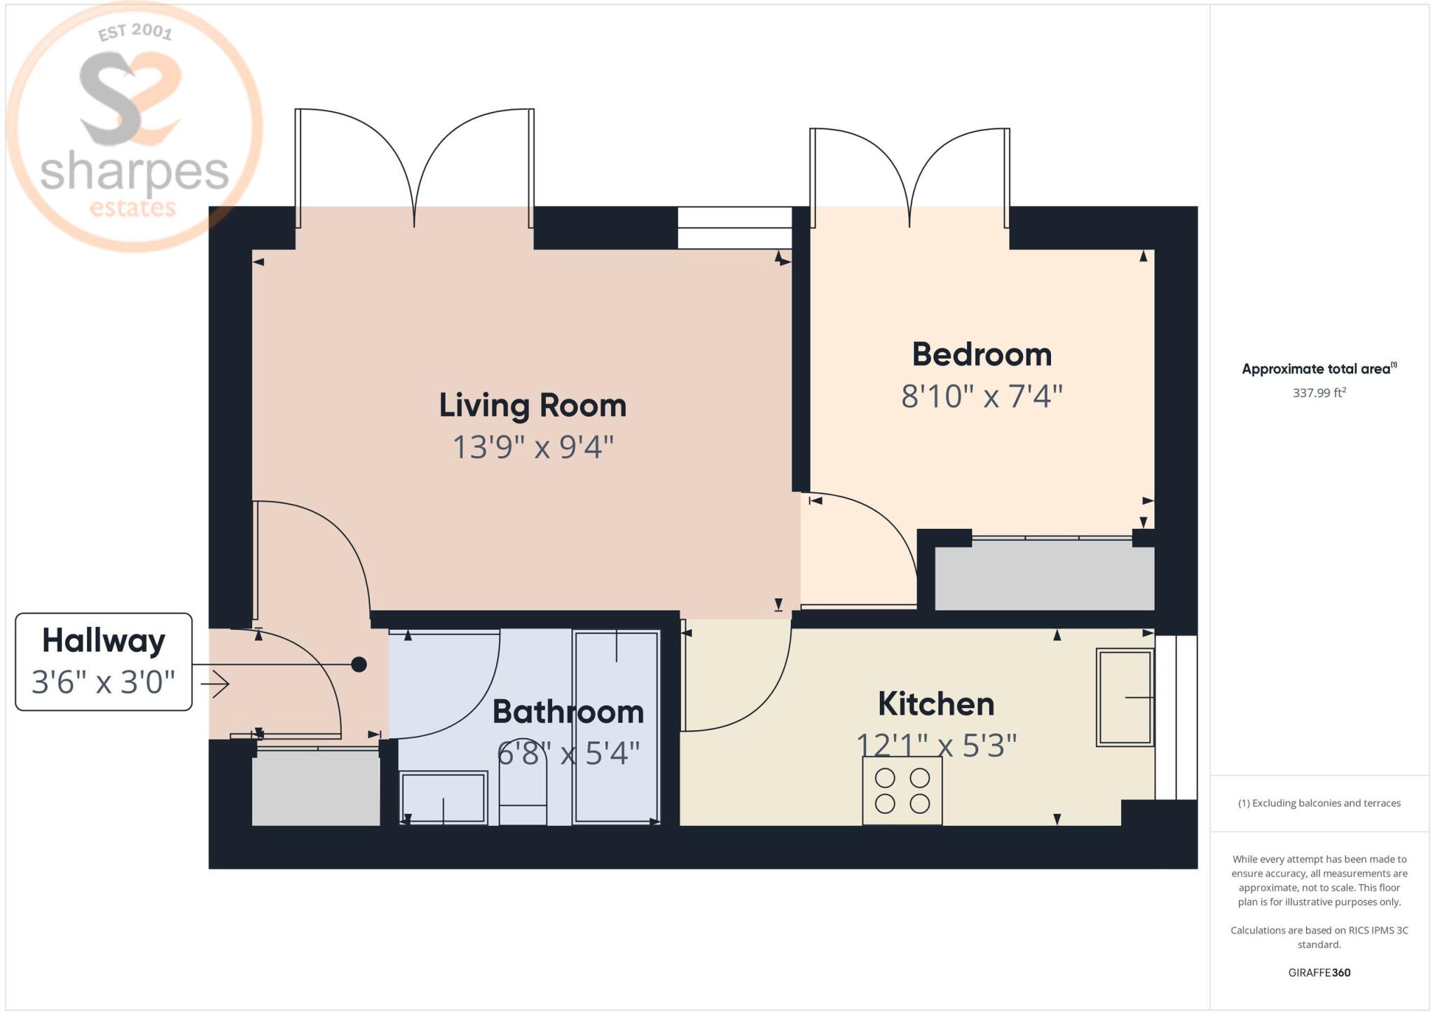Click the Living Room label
[x=533, y=406]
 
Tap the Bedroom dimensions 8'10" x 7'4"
[x=982, y=397]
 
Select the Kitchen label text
[x=936, y=704]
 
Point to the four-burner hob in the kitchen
[x=902, y=790]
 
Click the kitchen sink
[x=1125, y=697]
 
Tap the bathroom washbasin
[x=444, y=797]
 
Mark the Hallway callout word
[x=104, y=640]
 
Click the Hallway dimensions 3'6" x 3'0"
[x=104, y=682]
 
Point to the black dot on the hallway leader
[x=359, y=664]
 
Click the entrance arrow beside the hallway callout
[x=215, y=684]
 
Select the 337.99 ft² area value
[x=1319, y=392]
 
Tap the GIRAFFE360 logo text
[x=1319, y=972]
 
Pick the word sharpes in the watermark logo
[x=135, y=172]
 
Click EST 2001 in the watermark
[x=135, y=32]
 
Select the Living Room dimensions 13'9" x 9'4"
[x=533, y=447]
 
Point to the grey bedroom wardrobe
[x=1045, y=579]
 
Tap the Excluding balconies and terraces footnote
[x=1319, y=804]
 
